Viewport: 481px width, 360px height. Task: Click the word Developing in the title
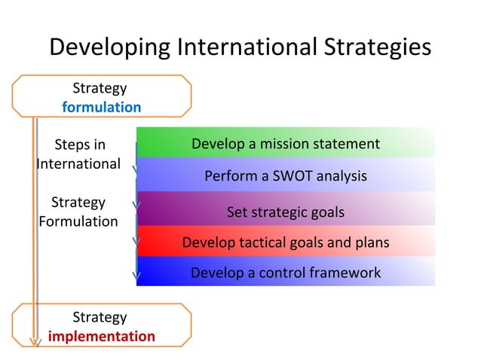pyautogui.click(x=109, y=47)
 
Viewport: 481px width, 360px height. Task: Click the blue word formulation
pyautogui.click(x=101, y=107)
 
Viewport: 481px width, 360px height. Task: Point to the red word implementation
pyautogui.click(x=101, y=336)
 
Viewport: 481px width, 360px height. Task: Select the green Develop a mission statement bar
pyautogui.click(x=285, y=143)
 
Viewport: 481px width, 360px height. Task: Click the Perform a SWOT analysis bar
pyautogui.click(x=285, y=176)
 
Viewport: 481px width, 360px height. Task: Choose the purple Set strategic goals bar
pyautogui.click(x=285, y=212)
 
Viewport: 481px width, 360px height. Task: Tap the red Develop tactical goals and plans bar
pyautogui.click(x=285, y=243)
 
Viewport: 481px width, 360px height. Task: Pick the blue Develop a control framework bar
pyautogui.click(x=285, y=273)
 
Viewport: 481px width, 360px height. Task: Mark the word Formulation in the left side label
pyautogui.click(x=78, y=221)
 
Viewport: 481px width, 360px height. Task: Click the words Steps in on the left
pyautogui.click(x=80, y=145)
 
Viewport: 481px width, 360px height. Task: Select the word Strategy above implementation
pyautogui.click(x=99, y=317)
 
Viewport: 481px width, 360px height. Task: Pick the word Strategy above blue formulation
pyautogui.click(x=99, y=88)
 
